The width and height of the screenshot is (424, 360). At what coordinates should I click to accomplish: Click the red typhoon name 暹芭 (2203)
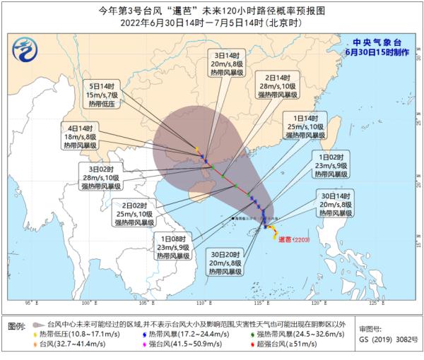[296, 239]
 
